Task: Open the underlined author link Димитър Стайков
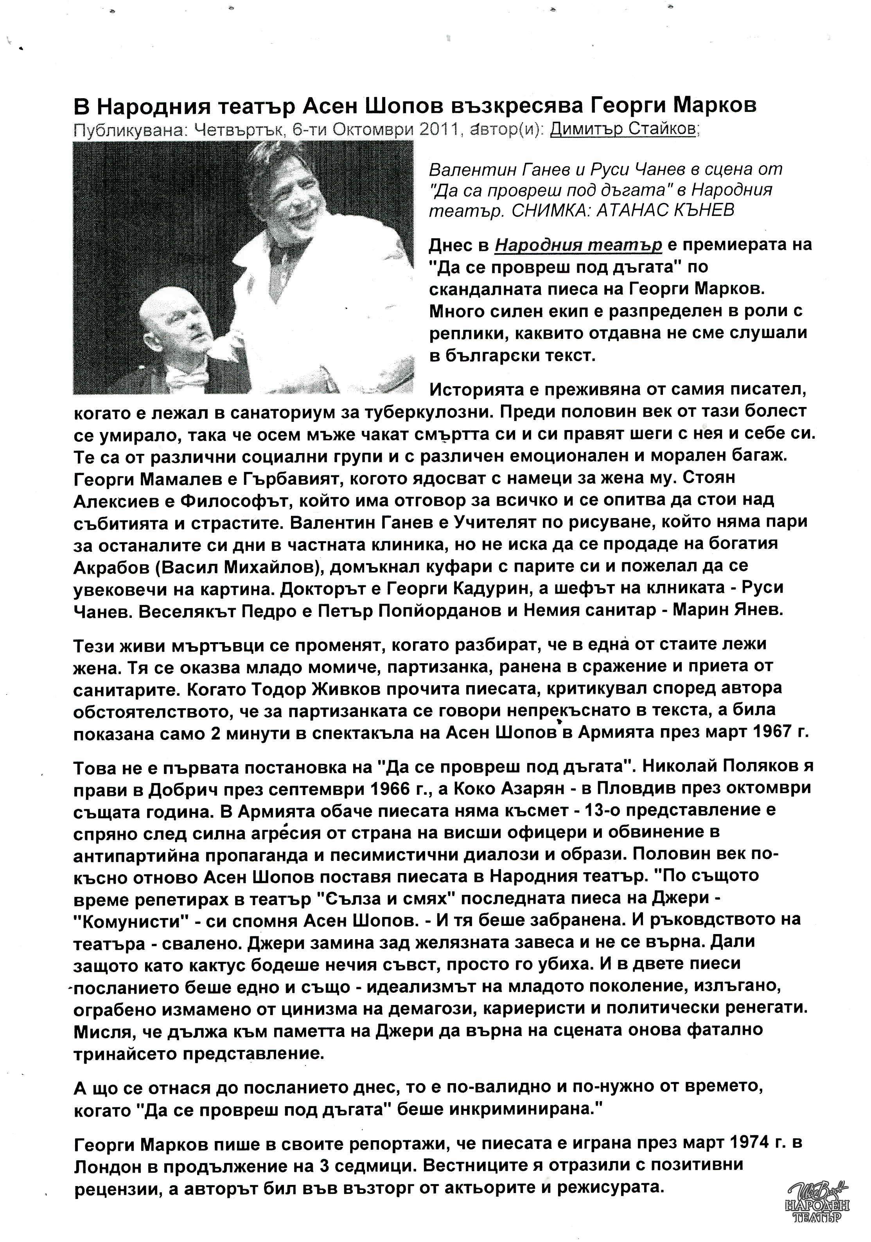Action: pos(623,130)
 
